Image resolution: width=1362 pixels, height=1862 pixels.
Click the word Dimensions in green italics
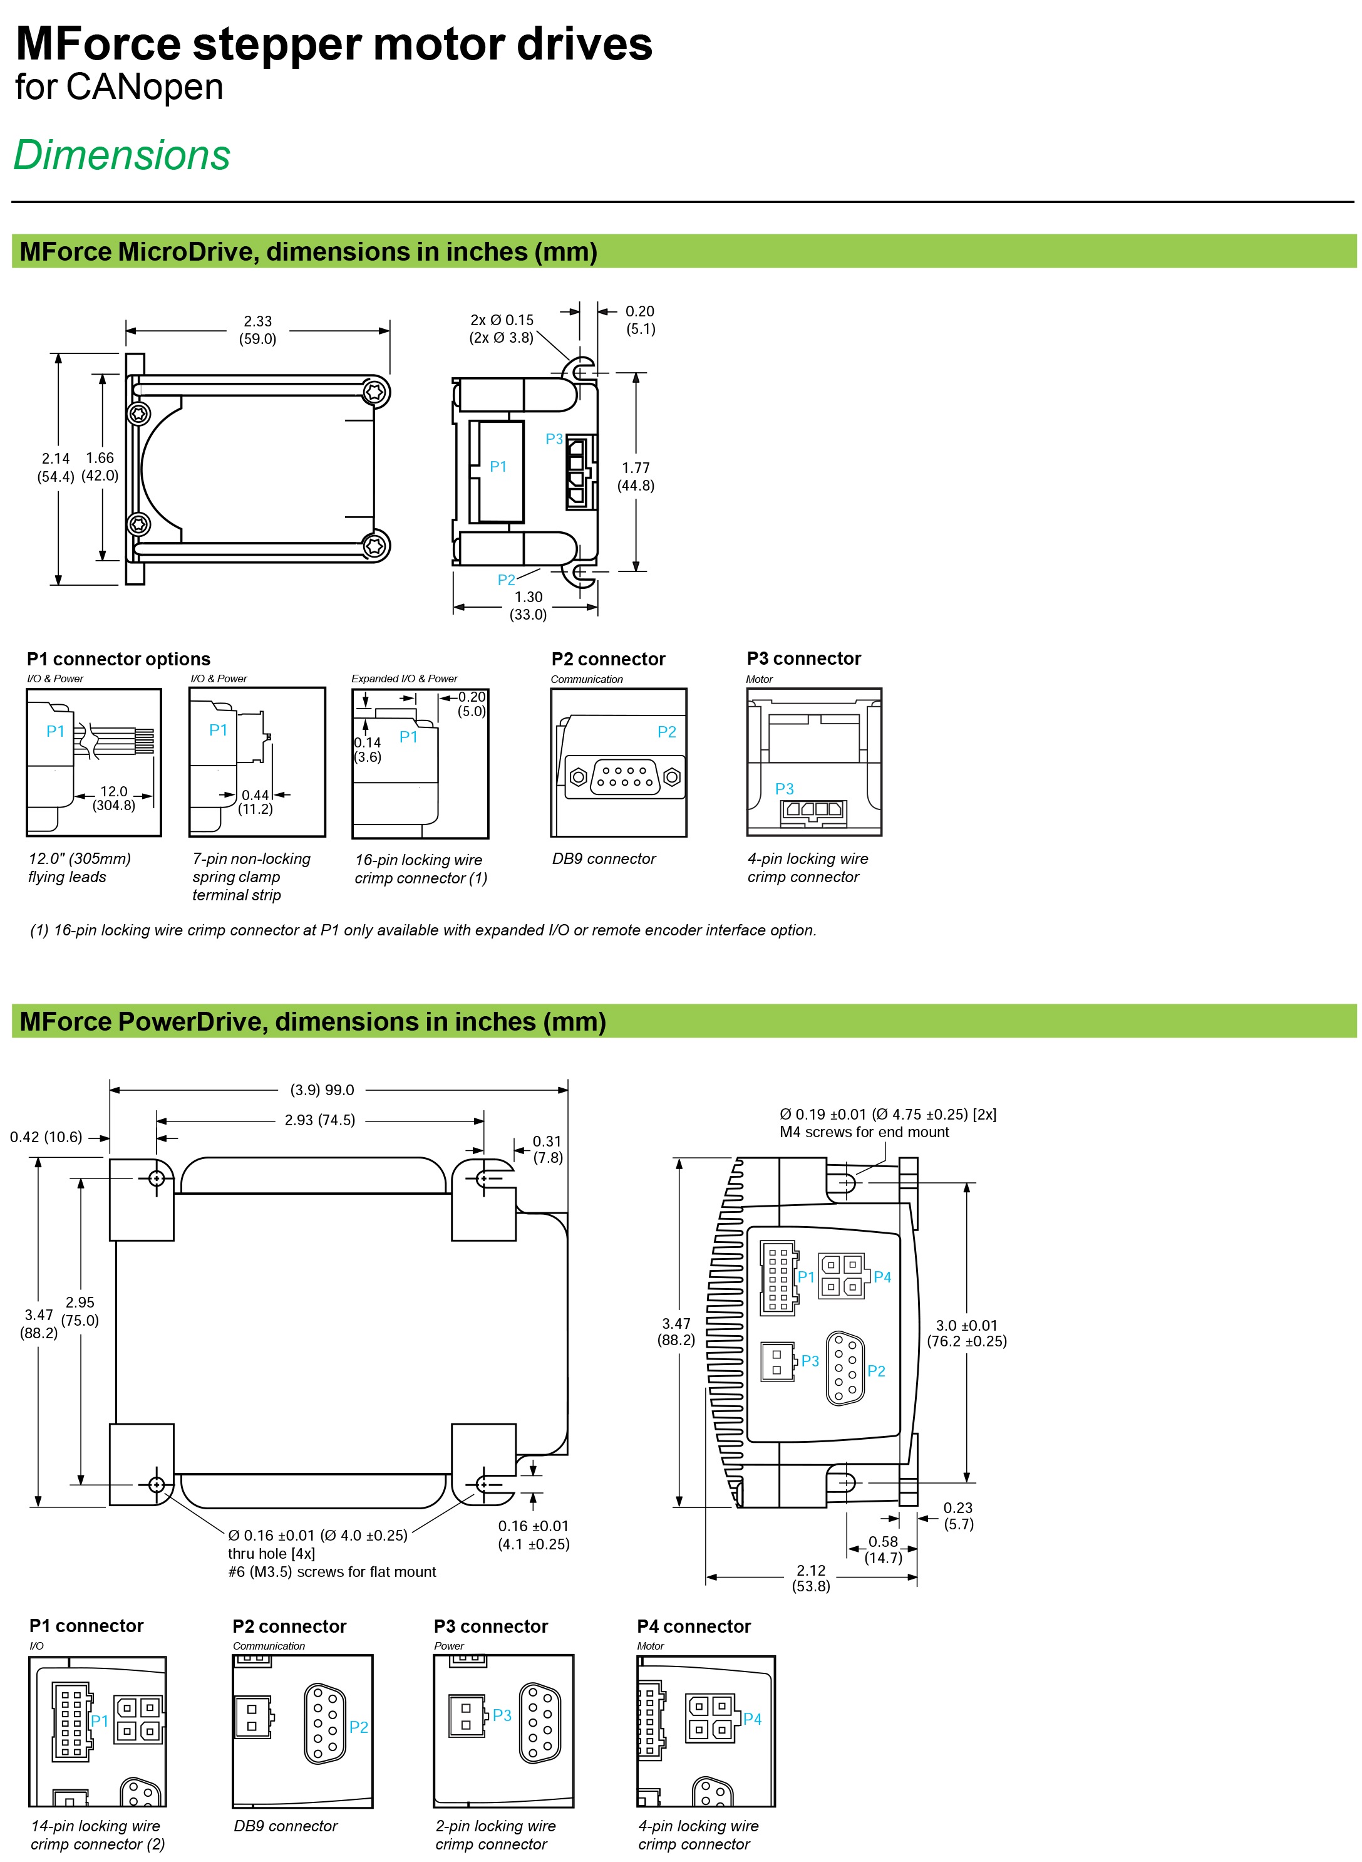click(x=122, y=155)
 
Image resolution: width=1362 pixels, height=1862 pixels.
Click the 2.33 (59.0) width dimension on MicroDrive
click(x=258, y=330)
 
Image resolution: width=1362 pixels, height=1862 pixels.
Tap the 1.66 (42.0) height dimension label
click(x=100, y=467)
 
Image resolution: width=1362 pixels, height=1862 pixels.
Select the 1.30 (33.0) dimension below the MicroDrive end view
click(x=529, y=605)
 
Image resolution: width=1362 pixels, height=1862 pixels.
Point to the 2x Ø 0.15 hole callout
click(x=502, y=328)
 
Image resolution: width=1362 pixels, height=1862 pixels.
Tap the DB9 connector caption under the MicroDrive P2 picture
click(x=604, y=858)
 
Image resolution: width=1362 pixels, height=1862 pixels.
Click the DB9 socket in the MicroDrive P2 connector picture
click(x=625, y=777)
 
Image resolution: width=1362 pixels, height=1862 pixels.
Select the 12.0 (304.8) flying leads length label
click(x=114, y=798)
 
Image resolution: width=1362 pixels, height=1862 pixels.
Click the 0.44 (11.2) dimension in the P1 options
click(x=255, y=801)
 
